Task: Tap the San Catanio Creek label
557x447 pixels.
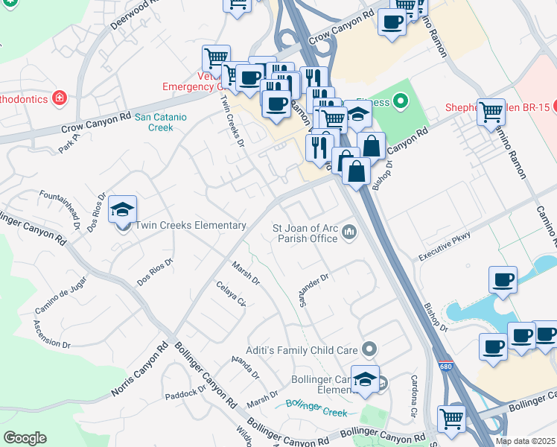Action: tap(160, 122)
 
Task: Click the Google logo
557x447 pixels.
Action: tap(25, 437)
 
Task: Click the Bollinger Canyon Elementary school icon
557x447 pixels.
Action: tap(365, 380)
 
